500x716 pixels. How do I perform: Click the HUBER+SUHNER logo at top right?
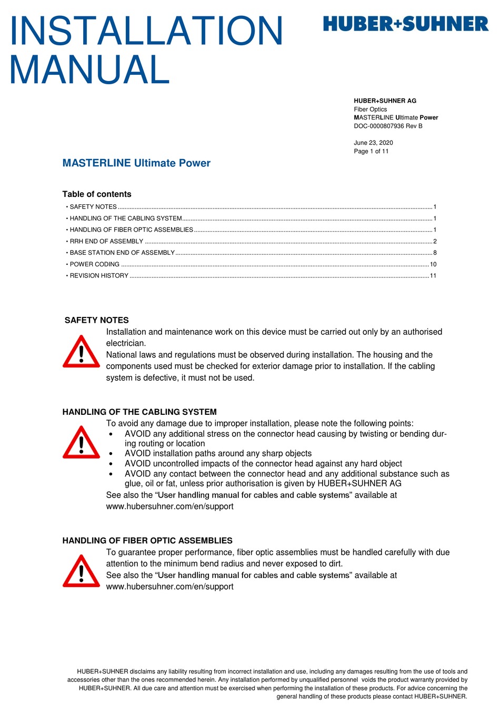point(405,24)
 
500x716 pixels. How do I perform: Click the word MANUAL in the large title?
point(89,69)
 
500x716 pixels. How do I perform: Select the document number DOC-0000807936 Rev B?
point(388,126)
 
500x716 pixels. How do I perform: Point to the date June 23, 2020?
point(373,143)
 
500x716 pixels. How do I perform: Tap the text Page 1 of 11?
point(371,151)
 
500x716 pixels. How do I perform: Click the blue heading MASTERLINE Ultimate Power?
point(136,163)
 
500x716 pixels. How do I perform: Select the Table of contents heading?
point(97,194)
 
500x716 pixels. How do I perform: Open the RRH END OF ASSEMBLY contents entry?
point(106,241)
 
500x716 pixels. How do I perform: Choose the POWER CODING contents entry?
point(95,264)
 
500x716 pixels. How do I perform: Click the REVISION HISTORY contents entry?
point(99,276)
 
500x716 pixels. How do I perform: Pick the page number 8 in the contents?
point(435,253)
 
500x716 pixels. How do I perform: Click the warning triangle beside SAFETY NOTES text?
point(81,352)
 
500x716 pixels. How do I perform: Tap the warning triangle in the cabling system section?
point(81,443)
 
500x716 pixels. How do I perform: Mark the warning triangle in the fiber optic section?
point(81,571)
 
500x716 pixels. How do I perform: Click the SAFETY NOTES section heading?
point(96,320)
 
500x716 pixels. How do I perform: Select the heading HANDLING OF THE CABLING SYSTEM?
point(139,412)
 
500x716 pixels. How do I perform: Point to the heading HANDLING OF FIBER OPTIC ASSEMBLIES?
point(147,541)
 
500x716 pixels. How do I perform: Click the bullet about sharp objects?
point(218,453)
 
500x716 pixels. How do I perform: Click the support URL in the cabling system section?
point(169,506)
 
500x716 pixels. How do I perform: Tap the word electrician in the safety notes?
point(126,343)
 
